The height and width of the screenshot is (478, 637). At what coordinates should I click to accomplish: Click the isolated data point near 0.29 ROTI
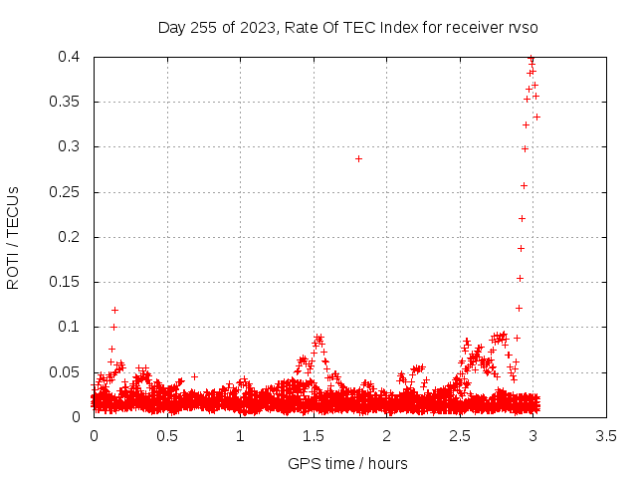point(358,159)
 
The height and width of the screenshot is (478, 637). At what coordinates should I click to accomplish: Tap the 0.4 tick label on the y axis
point(69,57)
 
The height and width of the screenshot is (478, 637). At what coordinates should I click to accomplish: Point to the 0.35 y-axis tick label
point(64,102)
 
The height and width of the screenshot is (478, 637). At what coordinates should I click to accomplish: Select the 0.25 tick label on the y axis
point(64,192)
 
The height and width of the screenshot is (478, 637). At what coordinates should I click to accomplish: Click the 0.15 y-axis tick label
point(64,282)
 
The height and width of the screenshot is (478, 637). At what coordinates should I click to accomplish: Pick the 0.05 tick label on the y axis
point(64,371)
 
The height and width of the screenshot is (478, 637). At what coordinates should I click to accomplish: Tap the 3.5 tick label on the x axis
point(606,436)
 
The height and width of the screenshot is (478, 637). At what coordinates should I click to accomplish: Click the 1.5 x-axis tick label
point(314,436)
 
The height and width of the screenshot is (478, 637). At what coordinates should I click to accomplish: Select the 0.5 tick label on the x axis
point(167,436)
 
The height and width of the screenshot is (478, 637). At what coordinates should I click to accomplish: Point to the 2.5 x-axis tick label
point(460,436)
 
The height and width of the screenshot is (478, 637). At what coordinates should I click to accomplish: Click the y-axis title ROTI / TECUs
point(13,238)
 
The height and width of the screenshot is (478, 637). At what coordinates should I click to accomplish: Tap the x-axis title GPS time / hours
point(347,464)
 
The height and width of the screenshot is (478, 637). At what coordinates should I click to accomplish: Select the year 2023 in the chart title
point(259,28)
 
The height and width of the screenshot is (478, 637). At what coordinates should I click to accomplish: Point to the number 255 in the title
point(203,28)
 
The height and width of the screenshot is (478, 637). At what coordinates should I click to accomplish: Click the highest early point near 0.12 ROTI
point(115,310)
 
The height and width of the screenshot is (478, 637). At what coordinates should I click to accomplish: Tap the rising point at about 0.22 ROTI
point(522,219)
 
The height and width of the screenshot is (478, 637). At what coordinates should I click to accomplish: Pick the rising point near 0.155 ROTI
point(520,279)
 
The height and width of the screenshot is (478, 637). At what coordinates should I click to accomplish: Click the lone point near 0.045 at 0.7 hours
point(195,376)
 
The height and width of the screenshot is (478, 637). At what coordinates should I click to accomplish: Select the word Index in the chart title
point(399,28)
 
